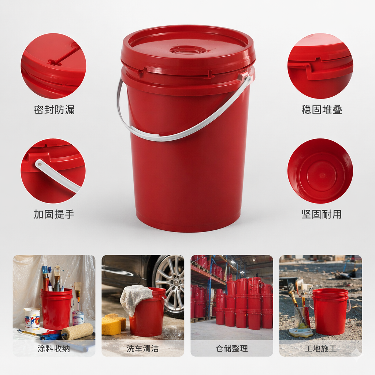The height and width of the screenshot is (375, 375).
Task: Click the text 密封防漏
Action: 54,110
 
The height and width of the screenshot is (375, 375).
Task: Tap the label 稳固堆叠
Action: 322,110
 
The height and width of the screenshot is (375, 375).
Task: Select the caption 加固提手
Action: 54,214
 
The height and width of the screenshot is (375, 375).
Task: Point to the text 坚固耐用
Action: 322,214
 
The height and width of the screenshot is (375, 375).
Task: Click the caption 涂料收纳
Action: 53,348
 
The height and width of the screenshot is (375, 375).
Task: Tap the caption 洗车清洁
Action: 143,348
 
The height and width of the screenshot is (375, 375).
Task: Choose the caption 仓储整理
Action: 232,348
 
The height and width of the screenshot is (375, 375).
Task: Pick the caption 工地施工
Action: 320,348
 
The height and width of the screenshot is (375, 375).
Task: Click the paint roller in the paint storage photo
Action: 77,331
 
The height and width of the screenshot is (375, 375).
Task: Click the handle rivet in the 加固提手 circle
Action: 40,164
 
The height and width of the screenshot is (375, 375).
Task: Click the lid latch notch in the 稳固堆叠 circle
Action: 318,59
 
